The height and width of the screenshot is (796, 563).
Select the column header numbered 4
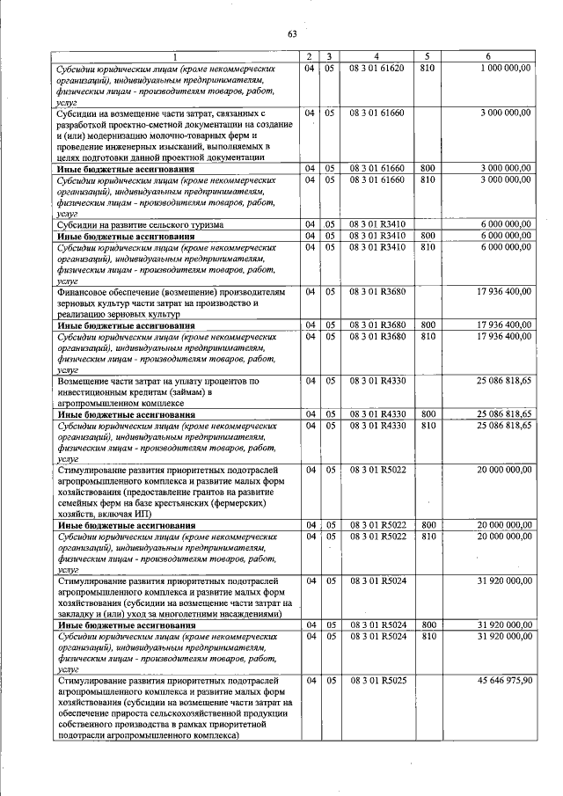(376, 58)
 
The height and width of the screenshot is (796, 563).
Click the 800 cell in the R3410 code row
(428, 236)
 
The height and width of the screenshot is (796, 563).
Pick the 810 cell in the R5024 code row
(428, 635)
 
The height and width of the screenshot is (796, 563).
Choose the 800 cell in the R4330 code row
(428, 413)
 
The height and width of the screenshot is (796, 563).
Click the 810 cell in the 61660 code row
(428, 179)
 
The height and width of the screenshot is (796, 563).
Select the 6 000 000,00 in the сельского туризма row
(505, 224)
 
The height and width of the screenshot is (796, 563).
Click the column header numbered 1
(174, 58)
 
